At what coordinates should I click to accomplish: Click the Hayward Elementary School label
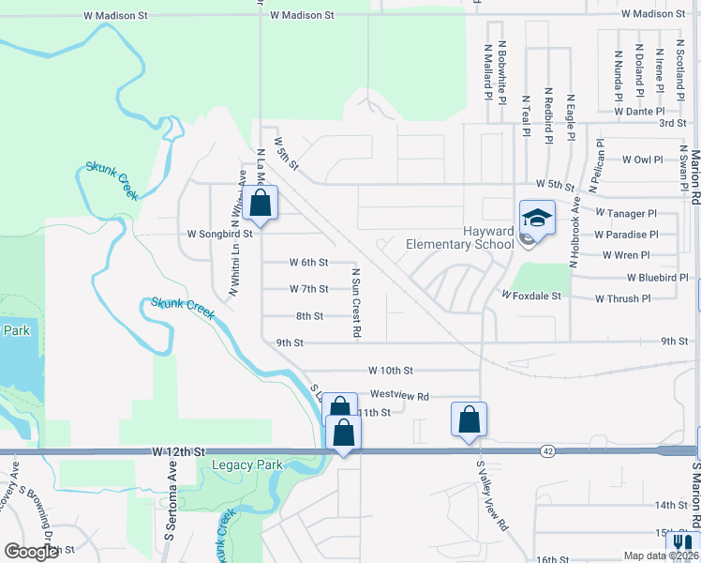coord(459,238)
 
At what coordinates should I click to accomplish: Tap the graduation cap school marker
coord(537,219)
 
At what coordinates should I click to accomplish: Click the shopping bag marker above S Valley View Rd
coord(469,420)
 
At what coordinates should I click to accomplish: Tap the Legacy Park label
coord(247,464)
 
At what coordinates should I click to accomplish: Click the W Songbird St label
coord(221,234)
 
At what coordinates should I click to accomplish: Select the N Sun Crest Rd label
coord(357,302)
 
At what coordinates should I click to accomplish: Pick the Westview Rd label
coord(399,396)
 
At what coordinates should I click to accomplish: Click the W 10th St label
coord(391,372)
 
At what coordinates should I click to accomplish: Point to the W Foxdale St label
coord(530,296)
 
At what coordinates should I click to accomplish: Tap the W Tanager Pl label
coord(625,214)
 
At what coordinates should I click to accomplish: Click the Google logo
coord(31,552)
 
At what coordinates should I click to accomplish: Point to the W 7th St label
coord(308,289)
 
